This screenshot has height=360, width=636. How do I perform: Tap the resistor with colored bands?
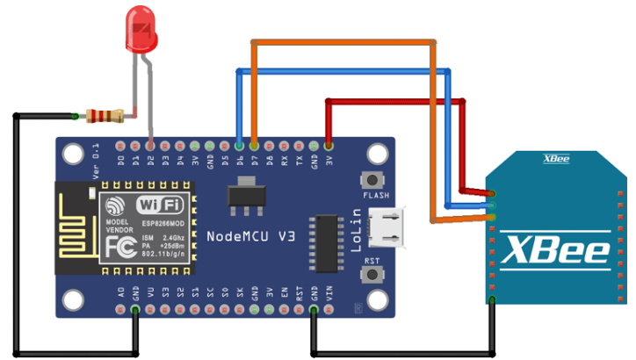pyautogui.click(x=105, y=114)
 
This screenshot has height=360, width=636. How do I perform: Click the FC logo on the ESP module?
pyautogui.click(x=121, y=246)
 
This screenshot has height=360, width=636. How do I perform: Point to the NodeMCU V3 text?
pyautogui.click(x=250, y=237)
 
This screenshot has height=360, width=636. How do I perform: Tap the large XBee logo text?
pyautogui.click(x=555, y=250)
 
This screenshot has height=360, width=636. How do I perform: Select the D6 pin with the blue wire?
pyautogui.click(x=240, y=145)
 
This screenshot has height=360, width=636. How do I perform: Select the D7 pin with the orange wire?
pyautogui.click(x=255, y=145)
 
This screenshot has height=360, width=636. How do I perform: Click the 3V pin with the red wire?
pyautogui.click(x=329, y=145)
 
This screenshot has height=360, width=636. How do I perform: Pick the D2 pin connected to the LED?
pyautogui.click(x=151, y=145)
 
